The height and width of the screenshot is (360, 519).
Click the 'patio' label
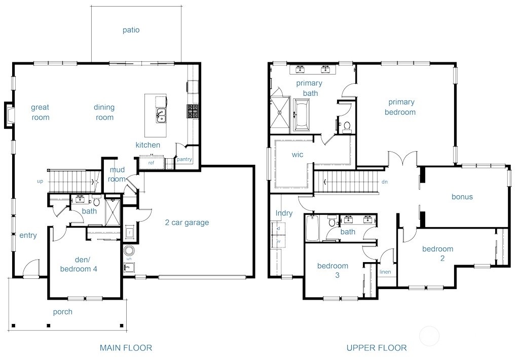click(x=131, y=30)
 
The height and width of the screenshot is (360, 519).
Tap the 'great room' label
click(x=40, y=112)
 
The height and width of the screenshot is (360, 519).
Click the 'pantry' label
click(x=184, y=159)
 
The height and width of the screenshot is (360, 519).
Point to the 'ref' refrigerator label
click(x=151, y=163)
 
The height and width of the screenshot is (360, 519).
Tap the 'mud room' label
click(x=117, y=174)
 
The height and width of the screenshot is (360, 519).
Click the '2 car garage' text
click(x=187, y=222)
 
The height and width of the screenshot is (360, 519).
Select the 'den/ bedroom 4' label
click(x=79, y=264)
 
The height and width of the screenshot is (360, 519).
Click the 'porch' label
click(x=63, y=312)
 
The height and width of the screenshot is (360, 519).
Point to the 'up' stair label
click(x=40, y=181)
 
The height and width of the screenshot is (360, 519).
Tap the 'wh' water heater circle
click(x=129, y=251)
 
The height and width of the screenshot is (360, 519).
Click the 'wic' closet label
click(x=298, y=155)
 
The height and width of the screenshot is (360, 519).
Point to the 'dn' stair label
click(x=384, y=182)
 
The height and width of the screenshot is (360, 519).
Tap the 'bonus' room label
click(x=462, y=197)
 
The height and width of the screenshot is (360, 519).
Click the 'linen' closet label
click(x=385, y=272)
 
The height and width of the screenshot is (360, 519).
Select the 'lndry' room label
click(x=284, y=213)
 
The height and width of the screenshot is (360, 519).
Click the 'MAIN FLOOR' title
click(x=126, y=348)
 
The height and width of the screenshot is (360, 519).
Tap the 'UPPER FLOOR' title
click(x=376, y=348)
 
